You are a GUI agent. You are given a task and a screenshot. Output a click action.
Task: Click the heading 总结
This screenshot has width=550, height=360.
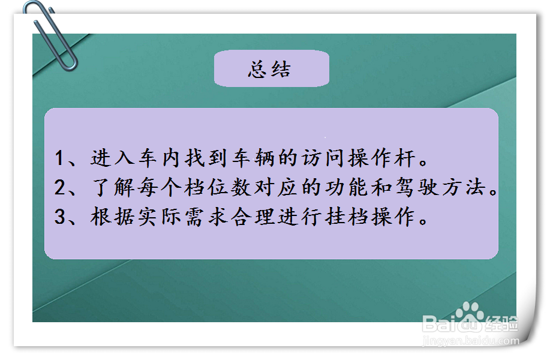270,69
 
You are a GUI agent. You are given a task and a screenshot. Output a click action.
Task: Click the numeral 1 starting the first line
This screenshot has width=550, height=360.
59,159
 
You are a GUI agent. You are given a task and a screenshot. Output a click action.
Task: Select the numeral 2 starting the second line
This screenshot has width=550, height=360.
59,188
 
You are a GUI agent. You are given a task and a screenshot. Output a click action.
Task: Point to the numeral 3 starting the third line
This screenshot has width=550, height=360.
59,217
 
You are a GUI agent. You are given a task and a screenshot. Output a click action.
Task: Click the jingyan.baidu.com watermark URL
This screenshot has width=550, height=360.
471,342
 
